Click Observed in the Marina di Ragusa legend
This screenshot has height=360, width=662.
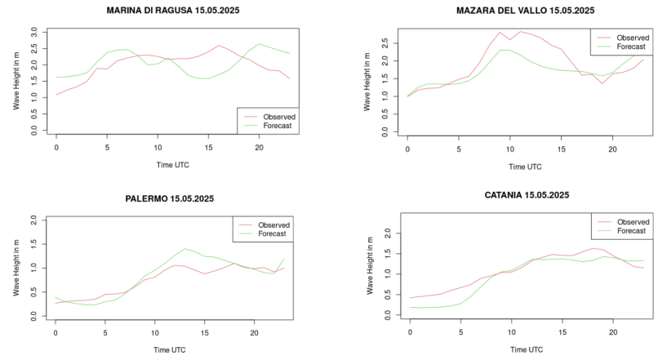click(280, 117)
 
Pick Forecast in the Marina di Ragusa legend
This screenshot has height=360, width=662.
click(278, 127)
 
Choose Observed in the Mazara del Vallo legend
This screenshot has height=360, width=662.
click(632, 38)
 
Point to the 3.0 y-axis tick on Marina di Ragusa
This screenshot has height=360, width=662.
click(34, 31)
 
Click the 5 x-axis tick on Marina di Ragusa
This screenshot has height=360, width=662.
click(107, 147)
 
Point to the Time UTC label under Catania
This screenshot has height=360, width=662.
click(524, 349)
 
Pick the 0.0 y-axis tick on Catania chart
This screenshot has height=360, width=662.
click(389, 314)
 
